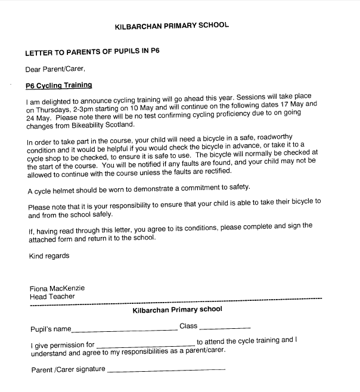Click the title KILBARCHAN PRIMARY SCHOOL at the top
point(171,26)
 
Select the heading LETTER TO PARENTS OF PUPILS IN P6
point(92,52)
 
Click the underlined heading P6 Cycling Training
point(58,85)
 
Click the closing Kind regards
point(49,256)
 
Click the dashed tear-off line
point(176,302)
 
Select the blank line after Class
point(225,328)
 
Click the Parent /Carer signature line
point(167,371)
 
